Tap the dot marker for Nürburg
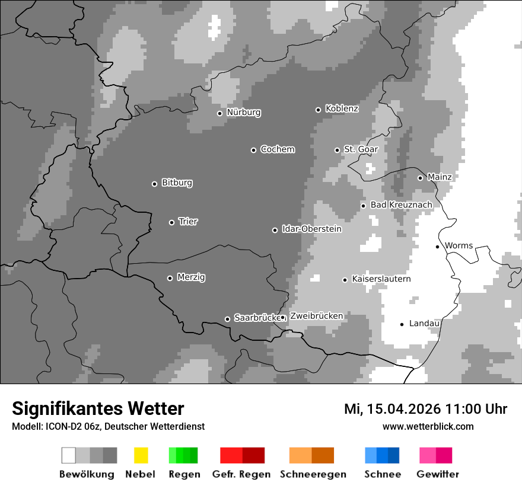click(x=219, y=113)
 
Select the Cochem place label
click(x=277, y=149)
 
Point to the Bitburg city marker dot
click(x=154, y=184)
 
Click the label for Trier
click(x=188, y=222)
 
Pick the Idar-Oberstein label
click(x=311, y=229)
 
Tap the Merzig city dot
click(x=170, y=278)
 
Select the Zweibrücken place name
click(x=316, y=316)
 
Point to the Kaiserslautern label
click(x=381, y=279)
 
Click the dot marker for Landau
click(x=402, y=324)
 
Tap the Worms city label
click(x=459, y=245)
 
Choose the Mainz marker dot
click(x=420, y=178)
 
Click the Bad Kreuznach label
click(x=401, y=205)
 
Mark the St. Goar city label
click(x=361, y=149)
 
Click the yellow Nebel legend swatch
click(x=141, y=455)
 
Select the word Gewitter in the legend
click(x=438, y=474)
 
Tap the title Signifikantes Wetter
click(x=98, y=409)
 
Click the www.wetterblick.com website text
click(x=428, y=426)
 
